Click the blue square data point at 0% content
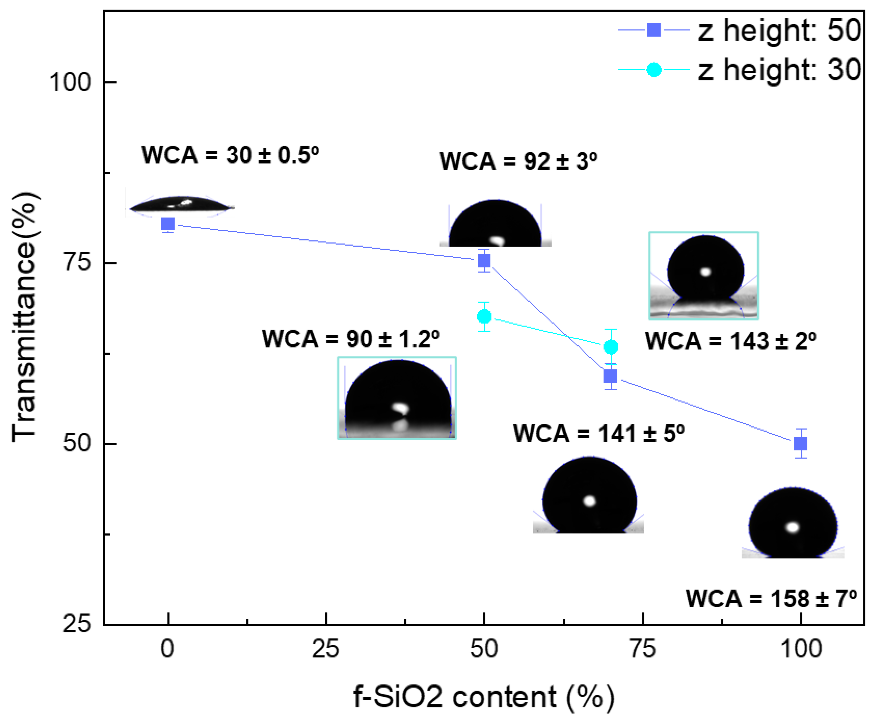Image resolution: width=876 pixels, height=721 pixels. pyautogui.click(x=168, y=224)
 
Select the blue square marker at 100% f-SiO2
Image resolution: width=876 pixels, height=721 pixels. pyautogui.click(x=800, y=444)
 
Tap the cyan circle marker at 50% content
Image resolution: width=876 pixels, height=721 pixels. pyautogui.click(x=484, y=317)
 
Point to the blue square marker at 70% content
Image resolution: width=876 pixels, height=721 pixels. pyautogui.click(x=610, y=376)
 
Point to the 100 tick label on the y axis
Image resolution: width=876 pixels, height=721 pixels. pyautogui.click(x=70, y=82)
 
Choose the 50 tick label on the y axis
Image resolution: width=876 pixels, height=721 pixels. pyautogui.click(x=77, y=444)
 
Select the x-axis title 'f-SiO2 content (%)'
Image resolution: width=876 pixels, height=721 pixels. pyautogui.click(x=484, y=697)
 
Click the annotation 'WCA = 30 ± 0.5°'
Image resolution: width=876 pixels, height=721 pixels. pyautogui.click(x=231, y=155)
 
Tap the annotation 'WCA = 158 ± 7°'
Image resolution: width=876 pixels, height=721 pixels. pyautogui.click(x=771, y=598)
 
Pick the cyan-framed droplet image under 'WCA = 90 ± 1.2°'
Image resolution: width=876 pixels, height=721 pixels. pyautogui.click(x=397, y=397)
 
